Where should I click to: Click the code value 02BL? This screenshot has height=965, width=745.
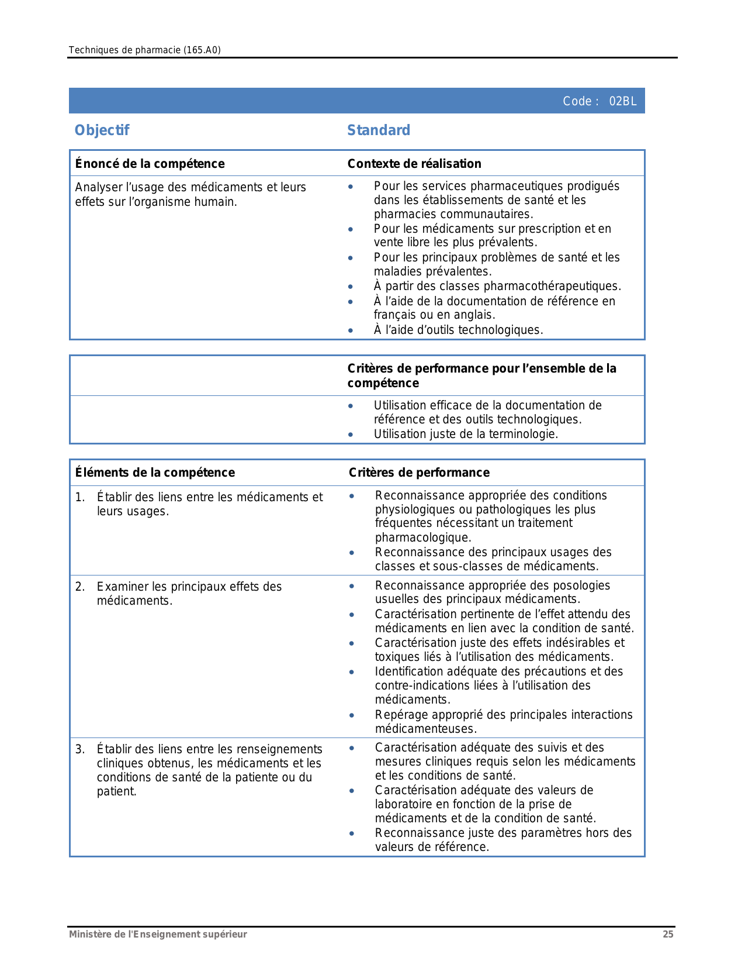tap(622, 101)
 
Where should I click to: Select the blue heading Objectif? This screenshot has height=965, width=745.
tap(102, 130)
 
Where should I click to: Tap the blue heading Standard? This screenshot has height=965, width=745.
tap(379, 130)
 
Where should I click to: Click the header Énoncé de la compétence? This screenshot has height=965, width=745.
tap(150, 164)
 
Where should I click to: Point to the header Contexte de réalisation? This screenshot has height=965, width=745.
tap(414, 164)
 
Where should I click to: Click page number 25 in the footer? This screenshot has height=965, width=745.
tap(668, 934)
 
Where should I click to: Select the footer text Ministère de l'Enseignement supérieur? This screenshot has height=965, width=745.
tap(158, 934)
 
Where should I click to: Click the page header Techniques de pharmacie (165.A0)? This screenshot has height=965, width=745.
tap(144, 50)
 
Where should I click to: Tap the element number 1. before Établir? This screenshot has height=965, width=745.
tap(80, 497)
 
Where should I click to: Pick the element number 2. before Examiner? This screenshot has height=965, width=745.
tap(80, 587)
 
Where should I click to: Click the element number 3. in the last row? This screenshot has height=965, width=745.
tap(80, 749)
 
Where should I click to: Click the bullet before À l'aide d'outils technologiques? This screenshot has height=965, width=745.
tap(351, 330)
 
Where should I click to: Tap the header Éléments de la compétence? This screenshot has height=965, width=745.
tap(155, 473)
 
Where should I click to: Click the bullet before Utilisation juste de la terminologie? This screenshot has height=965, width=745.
tap(351, 435)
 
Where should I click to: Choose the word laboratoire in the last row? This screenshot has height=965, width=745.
tap(404, 804)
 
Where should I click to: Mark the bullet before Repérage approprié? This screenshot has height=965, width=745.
tap(352, 715)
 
